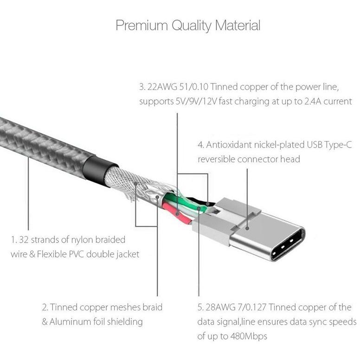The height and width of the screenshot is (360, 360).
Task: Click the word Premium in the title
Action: (x=141, y=26)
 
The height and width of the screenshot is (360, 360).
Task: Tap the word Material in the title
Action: (x=238, y=25)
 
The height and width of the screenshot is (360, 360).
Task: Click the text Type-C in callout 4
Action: (x=338, y=145)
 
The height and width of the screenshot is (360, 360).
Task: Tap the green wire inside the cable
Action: (x=186, y=202)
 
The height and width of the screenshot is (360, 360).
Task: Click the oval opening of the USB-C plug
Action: (x=288, y=245)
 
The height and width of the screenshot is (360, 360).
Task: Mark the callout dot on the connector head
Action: (x=247, y=228)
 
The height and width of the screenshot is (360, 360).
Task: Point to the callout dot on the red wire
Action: (x=177, y=214)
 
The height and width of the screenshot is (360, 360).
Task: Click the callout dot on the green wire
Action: (x=199, y=208)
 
